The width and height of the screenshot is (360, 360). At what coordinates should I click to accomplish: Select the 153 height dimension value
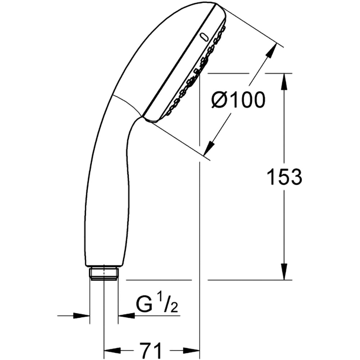click(x=284, y=177)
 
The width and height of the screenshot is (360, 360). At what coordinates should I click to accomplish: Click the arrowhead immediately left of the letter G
click(x=126, y=316)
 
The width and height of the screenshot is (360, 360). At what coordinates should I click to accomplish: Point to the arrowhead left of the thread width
click(x=82, y=316)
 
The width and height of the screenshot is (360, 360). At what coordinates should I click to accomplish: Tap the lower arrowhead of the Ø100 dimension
click(x=208, y=148)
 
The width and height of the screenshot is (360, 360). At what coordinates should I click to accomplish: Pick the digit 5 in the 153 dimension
click(x=284, y=177)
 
